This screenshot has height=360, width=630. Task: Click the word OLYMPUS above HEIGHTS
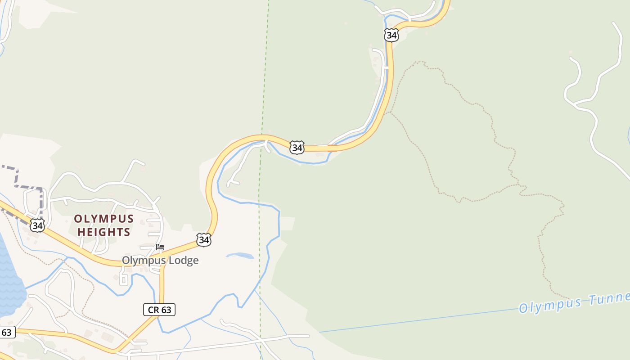click(104, 219)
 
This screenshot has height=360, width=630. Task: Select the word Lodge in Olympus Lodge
click(183, 261)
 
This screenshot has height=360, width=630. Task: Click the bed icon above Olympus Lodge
click(160, 247)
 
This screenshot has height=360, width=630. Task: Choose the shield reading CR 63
click(159, 310)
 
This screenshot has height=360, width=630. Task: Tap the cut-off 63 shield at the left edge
click(7, 333)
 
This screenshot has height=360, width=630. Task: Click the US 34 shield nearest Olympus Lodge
click(204, 240)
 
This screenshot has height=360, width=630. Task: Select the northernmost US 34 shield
click(391, 35)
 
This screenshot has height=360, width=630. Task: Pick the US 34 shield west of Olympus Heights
click(37, 225)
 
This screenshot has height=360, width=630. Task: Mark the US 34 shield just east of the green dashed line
click(297, 147)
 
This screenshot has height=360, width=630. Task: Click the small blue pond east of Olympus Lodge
click(240, 256)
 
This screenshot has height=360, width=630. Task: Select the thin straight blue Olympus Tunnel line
click(418, 320)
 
